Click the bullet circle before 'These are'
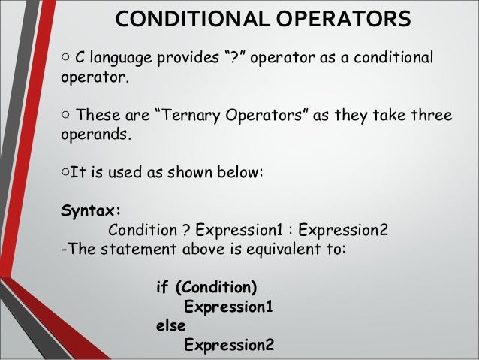(67, 116)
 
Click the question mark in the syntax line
(182, 229)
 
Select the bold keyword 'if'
(161, 288)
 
